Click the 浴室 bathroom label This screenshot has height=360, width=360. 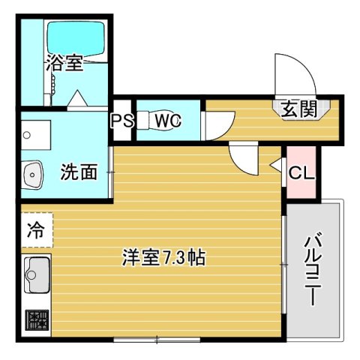[64, 63]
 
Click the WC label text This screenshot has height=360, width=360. [167, 120]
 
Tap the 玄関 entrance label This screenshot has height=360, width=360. [297, 111]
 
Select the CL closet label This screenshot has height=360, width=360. [301, 172]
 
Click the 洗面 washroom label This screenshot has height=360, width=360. [79, 172]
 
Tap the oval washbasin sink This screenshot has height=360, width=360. [34, 177]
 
